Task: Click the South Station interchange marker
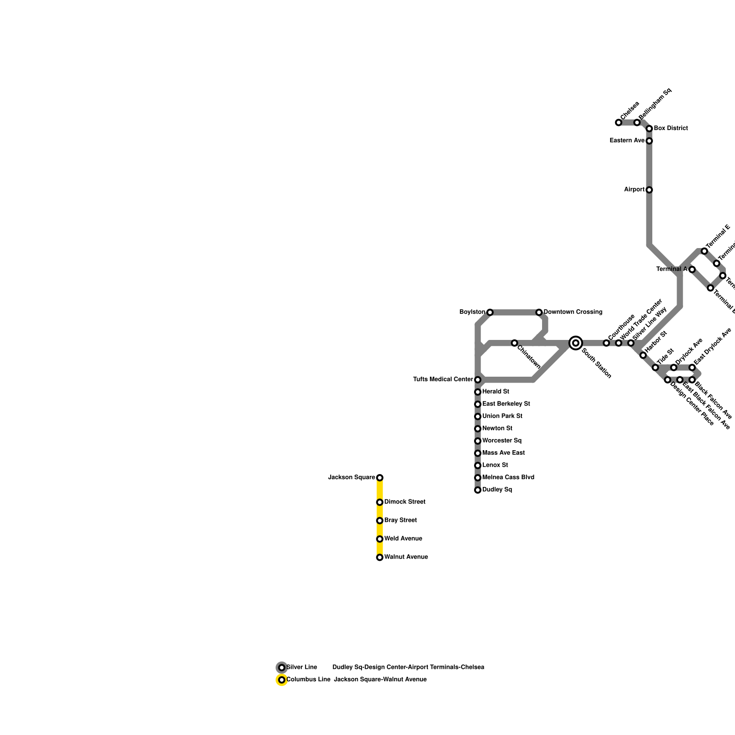click(576, 343)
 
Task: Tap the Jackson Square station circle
click(379, 478)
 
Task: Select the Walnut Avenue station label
click(406, 557)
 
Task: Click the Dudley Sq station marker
click(478, 490)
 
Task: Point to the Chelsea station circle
click(618, 123)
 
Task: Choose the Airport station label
click(634, 190)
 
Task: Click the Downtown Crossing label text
click(573, 312)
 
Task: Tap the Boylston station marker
click(490, 312)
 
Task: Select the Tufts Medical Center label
click(443, 379)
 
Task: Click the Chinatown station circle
click(514, 343)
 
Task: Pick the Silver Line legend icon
click(282, 667)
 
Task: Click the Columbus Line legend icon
click(282, 680)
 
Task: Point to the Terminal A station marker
click(692, 269)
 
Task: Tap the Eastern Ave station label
click(627, 141)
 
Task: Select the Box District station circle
click(649, 129)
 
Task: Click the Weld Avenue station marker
click(379, 539)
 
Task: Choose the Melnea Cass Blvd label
click(508, 478)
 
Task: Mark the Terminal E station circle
click(704, 251)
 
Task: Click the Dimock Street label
click(405, 502)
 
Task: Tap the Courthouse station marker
click(606, 343)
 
